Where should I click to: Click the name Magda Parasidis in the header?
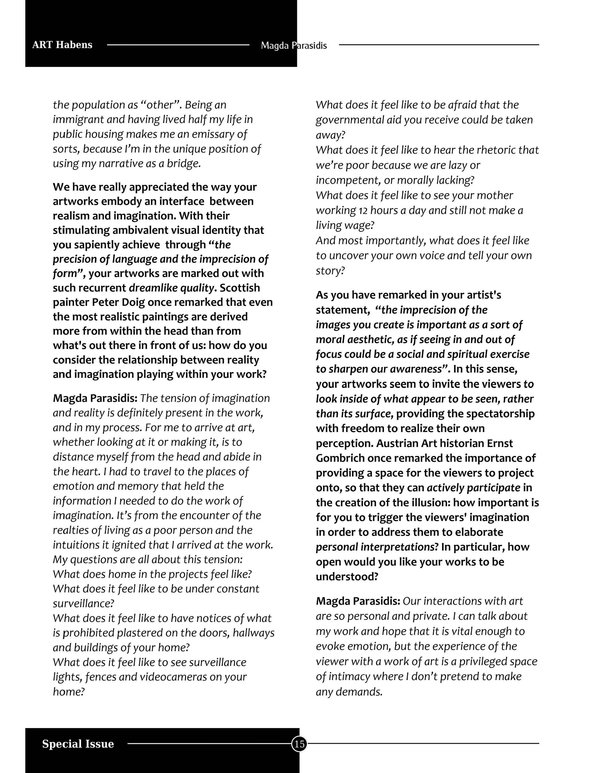point(293,46)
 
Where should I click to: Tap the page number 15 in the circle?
point(299,744)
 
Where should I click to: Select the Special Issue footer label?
point(78,744)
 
